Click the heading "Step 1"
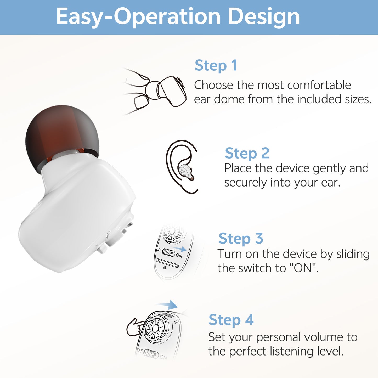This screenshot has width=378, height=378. click(x=216, y=65)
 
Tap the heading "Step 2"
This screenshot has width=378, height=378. click(x=247, y=153)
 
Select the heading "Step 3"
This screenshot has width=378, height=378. click(x=241, y=239)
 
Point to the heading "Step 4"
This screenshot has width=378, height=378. click(x=231, y=320)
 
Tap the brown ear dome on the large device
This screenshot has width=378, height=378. click(x=62, y=133)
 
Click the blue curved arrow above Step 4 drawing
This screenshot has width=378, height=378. click(x=169, y=305)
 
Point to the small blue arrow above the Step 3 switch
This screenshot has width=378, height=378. click(x=179, y=248)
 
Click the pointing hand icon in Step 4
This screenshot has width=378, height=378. click(x=135, y=327)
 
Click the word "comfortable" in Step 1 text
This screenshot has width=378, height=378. click(x=319, y=85)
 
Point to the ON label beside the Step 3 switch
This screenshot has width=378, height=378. click(x=179, y=256)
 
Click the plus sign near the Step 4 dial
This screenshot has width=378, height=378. click(x=176, y=322)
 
